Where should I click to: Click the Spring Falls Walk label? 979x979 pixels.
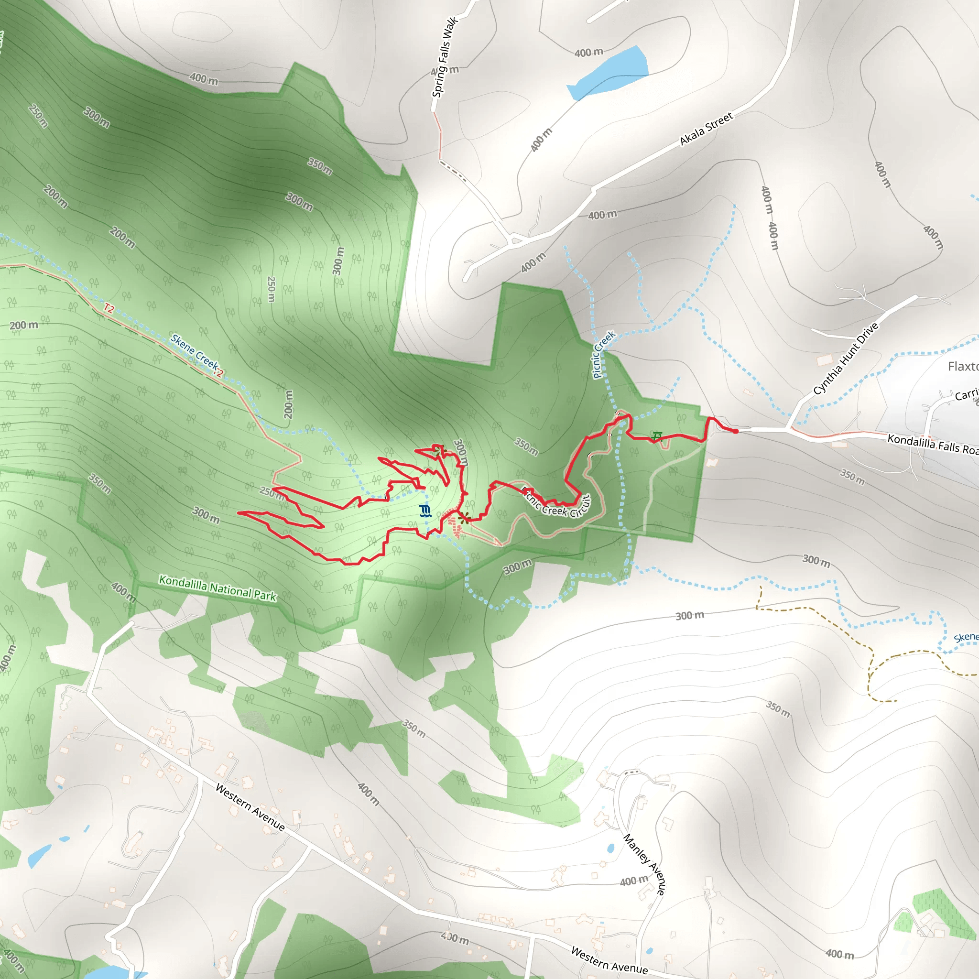pyautogui.click(x=445, y=57)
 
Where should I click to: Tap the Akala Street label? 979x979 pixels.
pyautogui.click(x=706, y=129)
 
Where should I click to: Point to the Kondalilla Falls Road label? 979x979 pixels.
pyautogui.click(x=932, y=445)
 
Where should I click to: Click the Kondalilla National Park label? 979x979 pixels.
pyautogui.click(x=218, y=588)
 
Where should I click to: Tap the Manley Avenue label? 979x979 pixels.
pyautogui.click(x=644, y=864)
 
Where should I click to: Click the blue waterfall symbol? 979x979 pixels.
pyautogui.click(x=425, y=511)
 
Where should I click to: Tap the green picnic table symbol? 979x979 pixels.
pyautogui.click(x=657, y=436)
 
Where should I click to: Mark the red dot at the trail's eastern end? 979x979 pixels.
pyautogui.click(x=735, y=431)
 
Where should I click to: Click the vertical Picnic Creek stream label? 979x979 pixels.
pyautogui.click(x=604, y=354)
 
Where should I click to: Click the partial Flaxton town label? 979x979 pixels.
pyautogui.click(x=963, y=366)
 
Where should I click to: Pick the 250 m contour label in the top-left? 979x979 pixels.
pyautogui.click(x=39, y=116)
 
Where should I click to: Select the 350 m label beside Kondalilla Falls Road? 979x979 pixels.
pyautogui.click(x=852, y=477)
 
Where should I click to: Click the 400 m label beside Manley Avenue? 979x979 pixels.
pyautogui.click(x=634, y=881)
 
